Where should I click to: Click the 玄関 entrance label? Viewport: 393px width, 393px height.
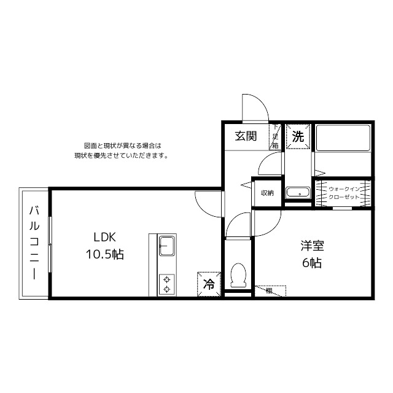pyautogui.click(x=245, y=137)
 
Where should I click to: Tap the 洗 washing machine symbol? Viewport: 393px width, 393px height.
pyautogui.click(x=298, y=137)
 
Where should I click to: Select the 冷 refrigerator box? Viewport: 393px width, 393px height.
pyautogui.click(x=209, y=284)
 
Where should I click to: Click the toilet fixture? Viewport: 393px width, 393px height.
pyautogui.click(x=238, y=274)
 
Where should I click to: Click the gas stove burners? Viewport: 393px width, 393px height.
pyautogui.click(x=166, y=285)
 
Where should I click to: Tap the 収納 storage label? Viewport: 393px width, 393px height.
pyautogui.click(x=267, y=193)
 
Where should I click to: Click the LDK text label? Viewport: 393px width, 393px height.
pyautogui.click(x=105, y=238)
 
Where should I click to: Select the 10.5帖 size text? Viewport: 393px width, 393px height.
pyautogui.click(x=104, y=254)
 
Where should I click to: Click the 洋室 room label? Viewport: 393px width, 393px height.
pyautogui.click(x=312, y=247)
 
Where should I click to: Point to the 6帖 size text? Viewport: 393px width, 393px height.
pyautogui.click(x=312, y=263)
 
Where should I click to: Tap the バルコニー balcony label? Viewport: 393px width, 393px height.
pyautogui.click(x=34, y=243)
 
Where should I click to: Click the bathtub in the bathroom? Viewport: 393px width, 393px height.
pyautogui.click(x=343, y=138)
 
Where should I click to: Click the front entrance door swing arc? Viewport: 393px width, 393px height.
pyautogui.click(x=254, y=107)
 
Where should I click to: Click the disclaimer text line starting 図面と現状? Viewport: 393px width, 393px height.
pyautogui.click(x=122, y=146)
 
